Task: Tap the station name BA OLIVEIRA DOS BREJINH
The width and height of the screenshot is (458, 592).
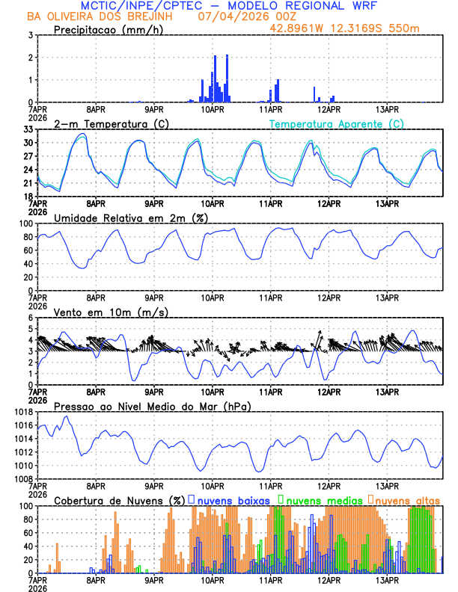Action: (x=104, y=16)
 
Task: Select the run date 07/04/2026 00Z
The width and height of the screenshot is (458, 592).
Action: (x=246, y=16)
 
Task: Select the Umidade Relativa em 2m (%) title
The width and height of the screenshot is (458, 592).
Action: (x=130, y=218)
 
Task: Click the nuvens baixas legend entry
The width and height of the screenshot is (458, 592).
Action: (x=232, y=500)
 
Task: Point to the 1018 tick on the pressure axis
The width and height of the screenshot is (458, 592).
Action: (x=24, y=412)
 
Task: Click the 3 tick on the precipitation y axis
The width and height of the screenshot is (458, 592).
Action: (x=30, y=35)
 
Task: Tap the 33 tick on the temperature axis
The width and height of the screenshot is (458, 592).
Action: (x=27, y=129)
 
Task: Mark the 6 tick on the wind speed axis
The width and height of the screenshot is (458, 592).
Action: (x=30, y=318)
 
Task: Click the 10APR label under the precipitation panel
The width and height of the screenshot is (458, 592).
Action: (x=213, y=109)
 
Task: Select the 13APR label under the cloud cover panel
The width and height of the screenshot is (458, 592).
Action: (x=387, y=580)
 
